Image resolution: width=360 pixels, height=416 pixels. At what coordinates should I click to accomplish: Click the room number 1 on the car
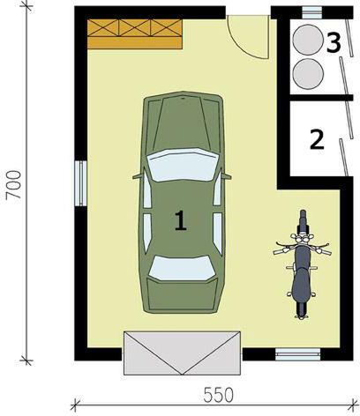(x=181, y=220)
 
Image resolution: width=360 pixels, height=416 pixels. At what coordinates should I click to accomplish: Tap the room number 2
(x=318, y=139)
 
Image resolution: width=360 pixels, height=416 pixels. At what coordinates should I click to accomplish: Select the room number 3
(x=334, y=43)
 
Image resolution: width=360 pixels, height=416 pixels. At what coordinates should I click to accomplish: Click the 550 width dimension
(x=218, y=395)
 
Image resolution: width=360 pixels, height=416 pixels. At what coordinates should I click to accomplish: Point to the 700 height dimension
(x=14, y=185)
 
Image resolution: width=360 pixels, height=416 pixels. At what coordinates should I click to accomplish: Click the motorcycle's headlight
(x=302, y=239)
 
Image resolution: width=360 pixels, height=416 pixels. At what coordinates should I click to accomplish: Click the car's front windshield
(x=183, y=165)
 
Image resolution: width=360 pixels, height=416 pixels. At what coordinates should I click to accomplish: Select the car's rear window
(x=183, y=268)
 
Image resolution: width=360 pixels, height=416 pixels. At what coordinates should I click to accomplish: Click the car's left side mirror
(x=137, y=176)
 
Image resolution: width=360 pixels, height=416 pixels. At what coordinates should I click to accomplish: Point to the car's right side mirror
(x=227, y=176)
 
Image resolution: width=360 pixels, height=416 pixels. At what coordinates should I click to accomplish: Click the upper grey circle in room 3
(x=308, y=40)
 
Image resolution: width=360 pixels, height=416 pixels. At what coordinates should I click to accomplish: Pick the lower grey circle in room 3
(x=309, y=73)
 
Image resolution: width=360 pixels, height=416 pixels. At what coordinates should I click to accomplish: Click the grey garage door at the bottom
(x=183, y=353)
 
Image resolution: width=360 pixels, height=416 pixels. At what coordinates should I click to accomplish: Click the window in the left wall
(x=80, y=183)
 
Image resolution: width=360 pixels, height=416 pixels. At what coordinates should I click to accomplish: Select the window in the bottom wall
(x=298, y=353)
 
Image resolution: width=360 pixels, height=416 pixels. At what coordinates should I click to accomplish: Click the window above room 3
(x=312, y=12)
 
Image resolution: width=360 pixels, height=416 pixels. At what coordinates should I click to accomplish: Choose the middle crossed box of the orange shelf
(x=135, y=28)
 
